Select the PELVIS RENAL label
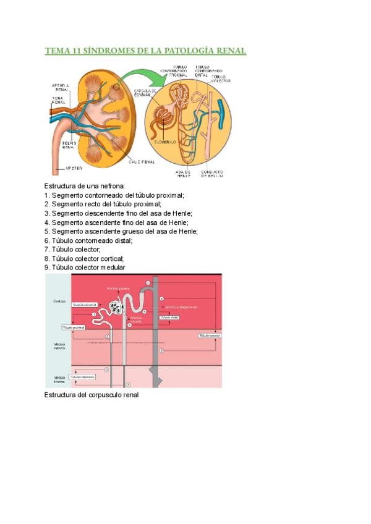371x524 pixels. click(x=69, y=145)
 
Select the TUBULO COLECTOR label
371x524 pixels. click(x=221, y=78)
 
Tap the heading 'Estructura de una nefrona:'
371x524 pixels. click(x=85, y=185)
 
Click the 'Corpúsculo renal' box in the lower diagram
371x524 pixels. click(x=85, y=305)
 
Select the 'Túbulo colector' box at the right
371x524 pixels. click(x=210, y=335)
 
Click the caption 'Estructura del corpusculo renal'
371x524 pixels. click(x=92, y=394)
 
